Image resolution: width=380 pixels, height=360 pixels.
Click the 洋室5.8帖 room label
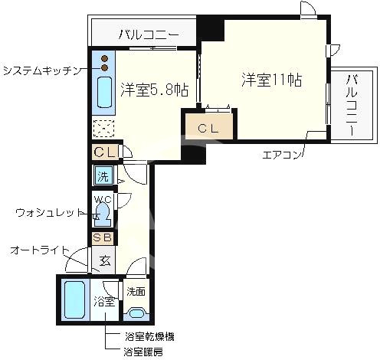[155, 90]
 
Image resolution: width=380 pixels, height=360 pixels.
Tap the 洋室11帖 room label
[272, 80]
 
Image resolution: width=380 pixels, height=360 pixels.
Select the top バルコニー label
[148, 34]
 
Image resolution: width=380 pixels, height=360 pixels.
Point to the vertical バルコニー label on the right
[352, 105]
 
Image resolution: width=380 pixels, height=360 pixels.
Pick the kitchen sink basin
[104, 92]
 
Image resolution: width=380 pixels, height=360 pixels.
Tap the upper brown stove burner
[105, 59]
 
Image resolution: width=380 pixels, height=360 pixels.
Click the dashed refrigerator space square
[103, 129]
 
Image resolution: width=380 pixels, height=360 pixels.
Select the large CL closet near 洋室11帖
[209, 126]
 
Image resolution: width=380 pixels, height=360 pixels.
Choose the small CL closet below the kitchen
[105, 152]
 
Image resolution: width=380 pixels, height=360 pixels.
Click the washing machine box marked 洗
[103, 175]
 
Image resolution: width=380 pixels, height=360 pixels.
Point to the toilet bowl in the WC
[103, 214]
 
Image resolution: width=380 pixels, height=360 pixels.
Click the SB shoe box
[102, 237]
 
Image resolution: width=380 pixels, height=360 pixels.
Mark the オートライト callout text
[40, 250]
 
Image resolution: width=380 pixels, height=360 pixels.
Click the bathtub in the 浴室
[74, 299]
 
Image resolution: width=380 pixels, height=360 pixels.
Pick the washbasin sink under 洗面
[136, 313]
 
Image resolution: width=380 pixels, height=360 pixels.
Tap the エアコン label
[282, 155]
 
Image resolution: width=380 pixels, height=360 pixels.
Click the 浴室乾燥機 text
[149, 337]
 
